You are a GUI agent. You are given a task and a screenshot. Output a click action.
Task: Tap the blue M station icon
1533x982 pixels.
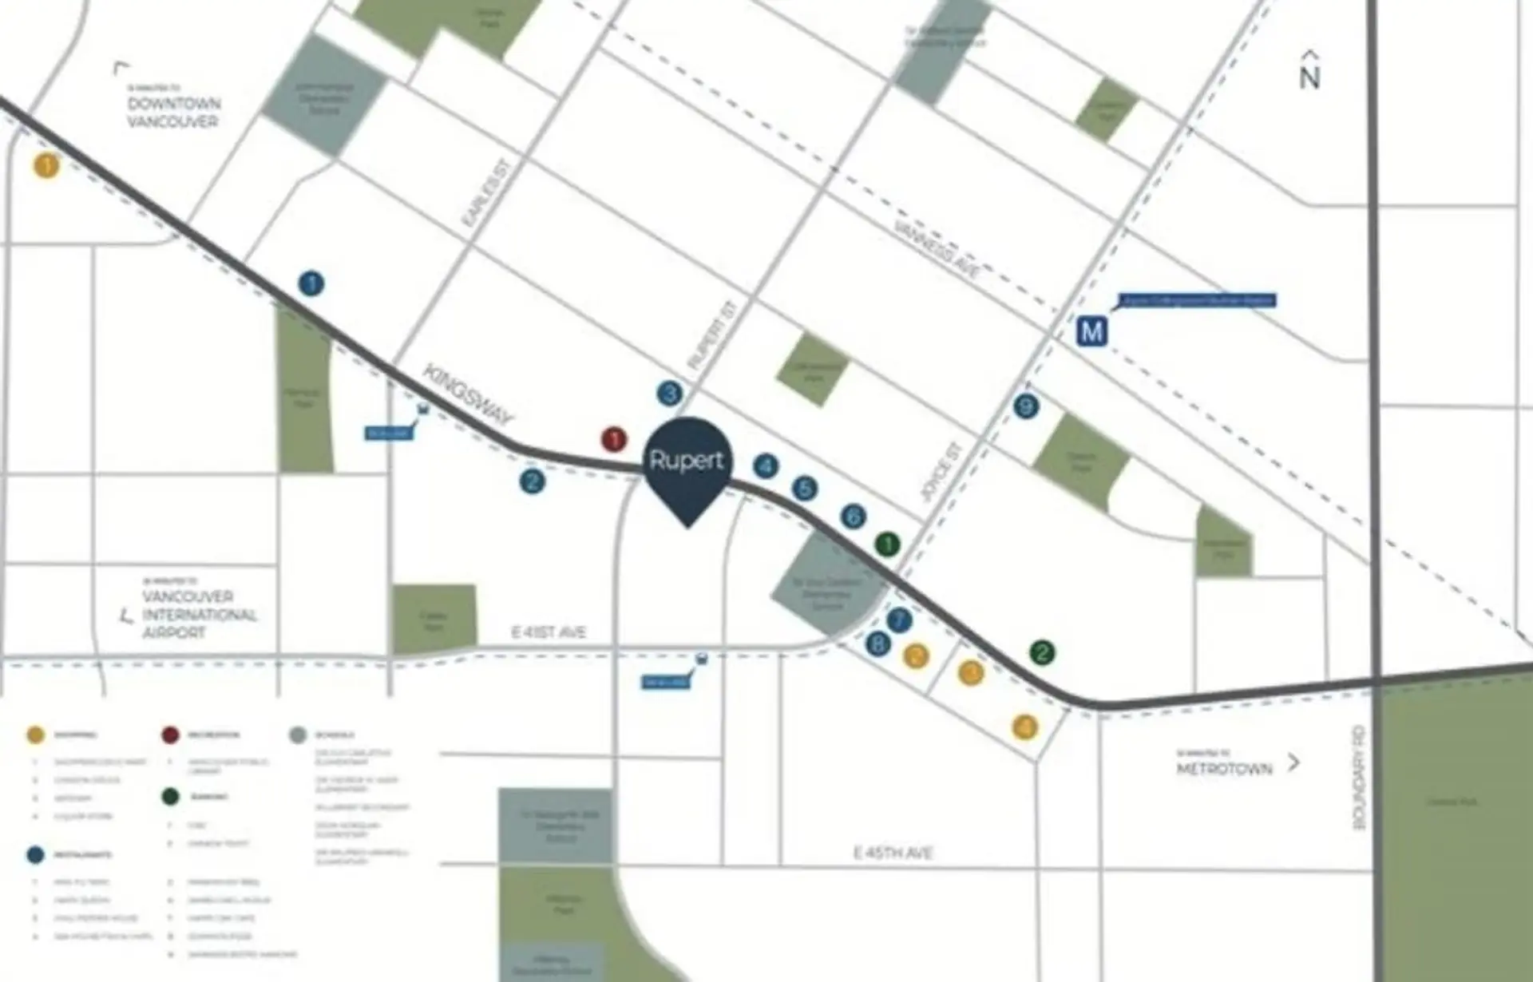(1091, 331)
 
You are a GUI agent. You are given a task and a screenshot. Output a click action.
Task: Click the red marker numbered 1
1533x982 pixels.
(614, 439)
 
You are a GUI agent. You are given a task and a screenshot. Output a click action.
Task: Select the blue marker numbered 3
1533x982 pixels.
(670, 393)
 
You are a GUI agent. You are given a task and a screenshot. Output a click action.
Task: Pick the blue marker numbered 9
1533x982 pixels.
(1026, 406)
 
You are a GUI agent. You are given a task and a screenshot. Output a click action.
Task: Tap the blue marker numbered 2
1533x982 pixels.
(532, 481)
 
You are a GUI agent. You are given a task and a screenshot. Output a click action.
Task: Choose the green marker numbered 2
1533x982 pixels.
(1042, 652)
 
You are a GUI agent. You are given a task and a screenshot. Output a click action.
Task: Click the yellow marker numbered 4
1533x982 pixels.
(1024, 727)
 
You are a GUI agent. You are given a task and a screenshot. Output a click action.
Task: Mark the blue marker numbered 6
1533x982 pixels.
(853, 516)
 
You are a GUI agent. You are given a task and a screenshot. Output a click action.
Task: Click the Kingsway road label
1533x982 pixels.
(468, 394)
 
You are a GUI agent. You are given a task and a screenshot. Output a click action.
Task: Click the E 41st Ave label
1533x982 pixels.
(549, 632)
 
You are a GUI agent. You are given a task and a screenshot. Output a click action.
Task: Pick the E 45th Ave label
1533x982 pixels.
(893, 853)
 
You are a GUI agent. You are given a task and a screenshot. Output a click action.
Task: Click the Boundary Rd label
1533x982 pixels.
(1360, 777)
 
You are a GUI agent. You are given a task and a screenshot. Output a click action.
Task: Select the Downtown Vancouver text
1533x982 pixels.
(174, 113)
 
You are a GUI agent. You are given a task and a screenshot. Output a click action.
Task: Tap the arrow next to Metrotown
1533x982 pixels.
(1293, 763)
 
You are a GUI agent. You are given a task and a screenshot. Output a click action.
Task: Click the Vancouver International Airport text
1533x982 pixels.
(200, 615)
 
